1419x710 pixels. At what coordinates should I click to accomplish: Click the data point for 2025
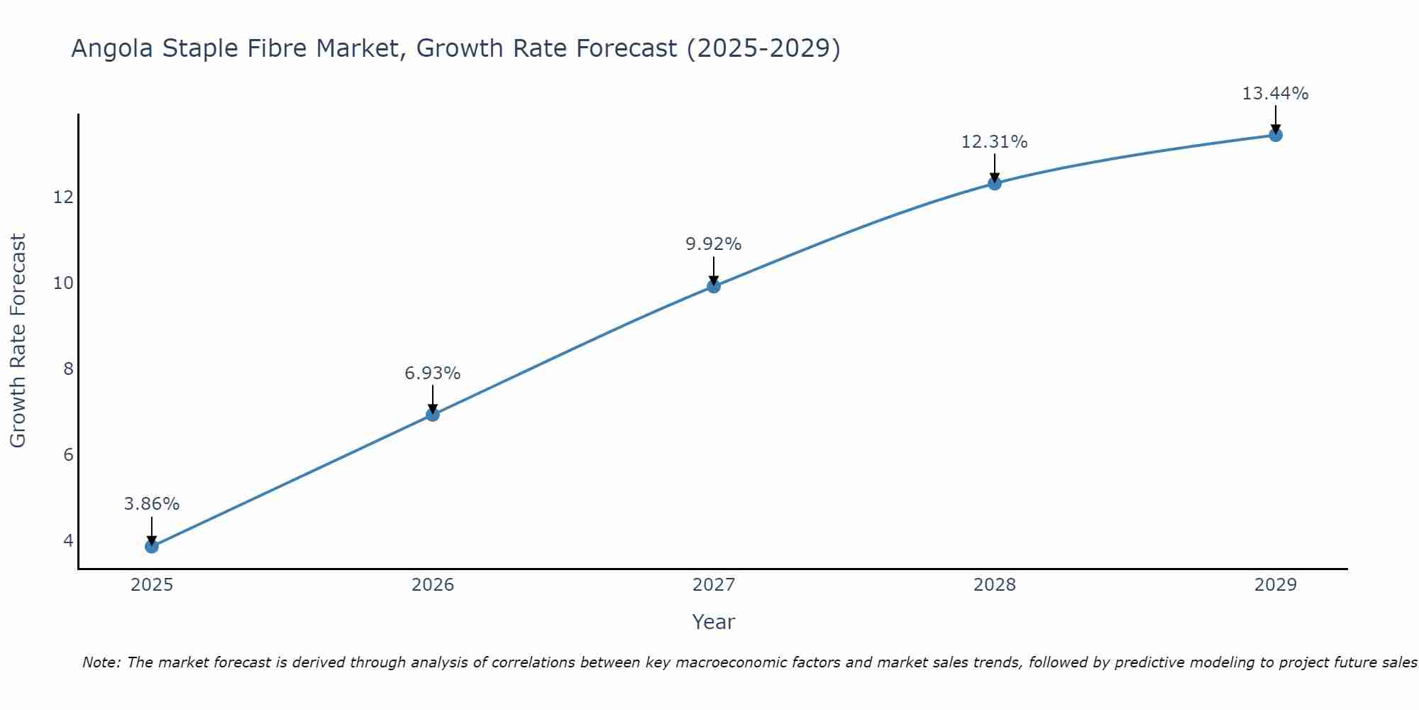click(152, 546)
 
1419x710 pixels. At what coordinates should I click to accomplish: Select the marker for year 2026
click(433, 414)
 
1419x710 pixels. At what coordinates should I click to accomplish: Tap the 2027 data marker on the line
click(714, 286)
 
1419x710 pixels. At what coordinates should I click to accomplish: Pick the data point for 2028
click(995, 183)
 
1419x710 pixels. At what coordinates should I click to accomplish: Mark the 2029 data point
click(1276, 135)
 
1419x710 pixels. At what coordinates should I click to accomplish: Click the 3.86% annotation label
click(152, 504)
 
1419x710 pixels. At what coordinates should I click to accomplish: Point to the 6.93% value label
click(433, 373)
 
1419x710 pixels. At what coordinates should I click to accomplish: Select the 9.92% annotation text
click(714, 244)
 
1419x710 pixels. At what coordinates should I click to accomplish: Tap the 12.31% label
click(995, 142)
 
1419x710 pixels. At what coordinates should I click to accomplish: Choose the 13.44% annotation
click(1276, 94)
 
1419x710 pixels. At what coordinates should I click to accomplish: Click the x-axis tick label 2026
click(433, 585)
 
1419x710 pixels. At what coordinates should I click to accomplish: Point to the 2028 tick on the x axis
click(995, 585)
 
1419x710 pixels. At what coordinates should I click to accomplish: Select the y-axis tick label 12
click(63, 197)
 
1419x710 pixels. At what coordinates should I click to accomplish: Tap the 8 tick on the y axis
click(68, 368)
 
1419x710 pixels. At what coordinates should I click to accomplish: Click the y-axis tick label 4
click(68, 540)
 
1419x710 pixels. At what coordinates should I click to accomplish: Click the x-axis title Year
click(714, 622)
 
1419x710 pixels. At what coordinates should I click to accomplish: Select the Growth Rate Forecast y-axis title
click(18, 341)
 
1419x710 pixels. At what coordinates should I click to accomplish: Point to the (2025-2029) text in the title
click(763, 49)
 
